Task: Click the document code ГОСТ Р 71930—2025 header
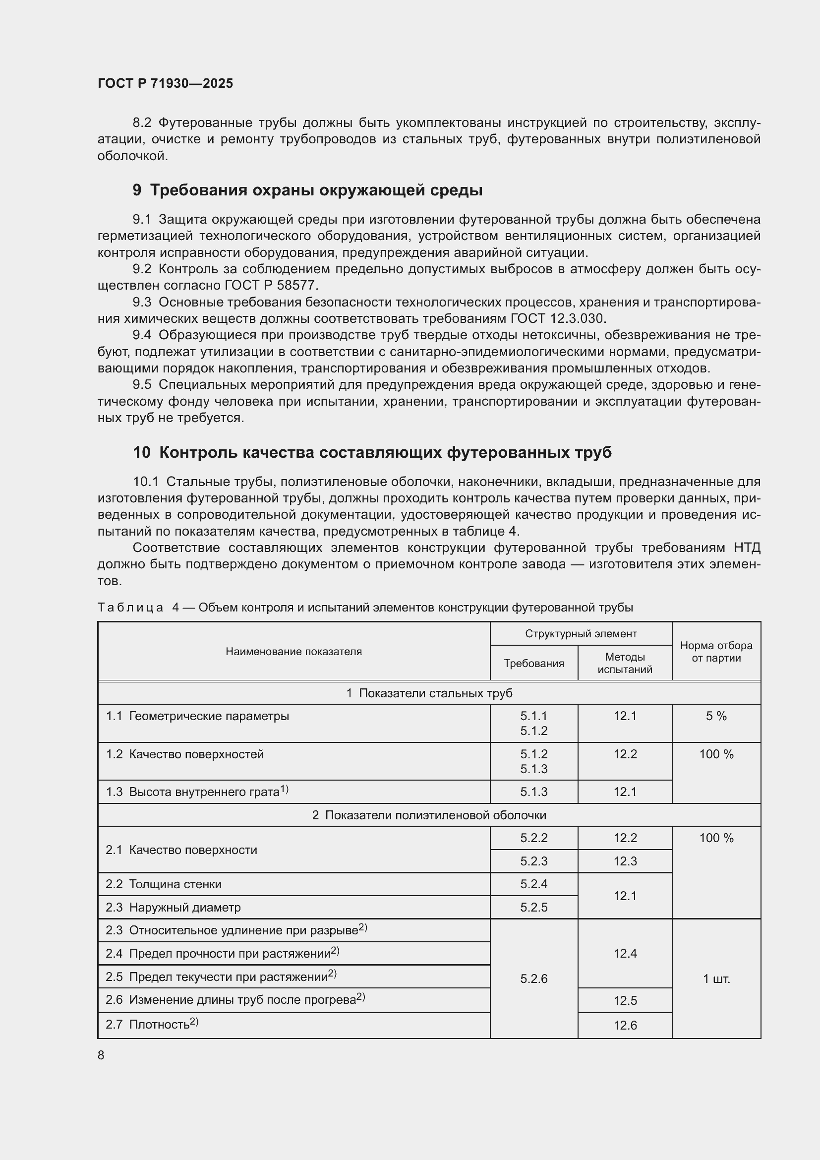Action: [165, 83]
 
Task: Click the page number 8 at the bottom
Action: [101, 1055]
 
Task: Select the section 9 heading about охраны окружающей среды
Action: [307, 190]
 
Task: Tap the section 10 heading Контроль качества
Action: [372, 452]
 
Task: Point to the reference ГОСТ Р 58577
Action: [271, 286]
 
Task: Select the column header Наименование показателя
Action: [293, 651]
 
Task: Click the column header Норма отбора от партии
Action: [716, 651]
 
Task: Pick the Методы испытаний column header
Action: [625, 663]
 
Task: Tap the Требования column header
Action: [534, 663]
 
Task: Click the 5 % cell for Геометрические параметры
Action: [716, 716]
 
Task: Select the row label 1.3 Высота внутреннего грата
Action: [197, 792]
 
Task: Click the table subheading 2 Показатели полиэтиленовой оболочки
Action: [429, 815]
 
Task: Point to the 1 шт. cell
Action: [716, 978]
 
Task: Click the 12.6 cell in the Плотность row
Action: [625, 1025]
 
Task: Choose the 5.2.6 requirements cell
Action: [534, 978]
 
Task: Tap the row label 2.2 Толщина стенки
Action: [164, 884]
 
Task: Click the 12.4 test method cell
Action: [625, 953]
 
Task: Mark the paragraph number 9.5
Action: [142, 385]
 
